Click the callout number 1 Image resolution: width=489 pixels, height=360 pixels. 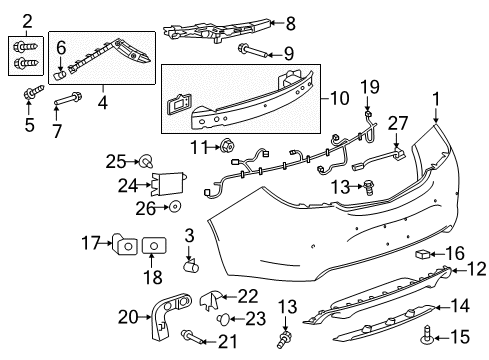click(x=435, y=126)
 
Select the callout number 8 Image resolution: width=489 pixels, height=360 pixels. click(x=290, y=22)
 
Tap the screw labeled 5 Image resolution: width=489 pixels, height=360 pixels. click(x=31, y=96)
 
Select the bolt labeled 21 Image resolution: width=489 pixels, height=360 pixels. click(x=191, y=339)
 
